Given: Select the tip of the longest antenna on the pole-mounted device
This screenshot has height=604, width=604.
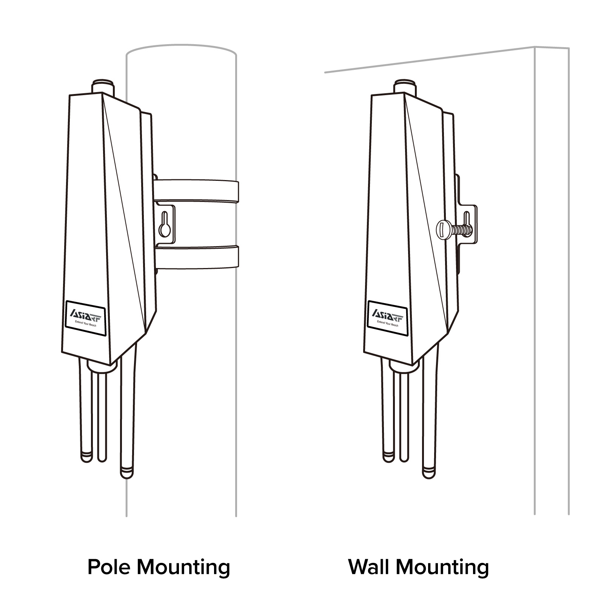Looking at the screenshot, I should [x=127, y=473].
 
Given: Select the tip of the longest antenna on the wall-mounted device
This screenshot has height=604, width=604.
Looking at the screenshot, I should [x=429, y=473].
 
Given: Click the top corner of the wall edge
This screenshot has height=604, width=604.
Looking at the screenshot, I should [x=535, y=47].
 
